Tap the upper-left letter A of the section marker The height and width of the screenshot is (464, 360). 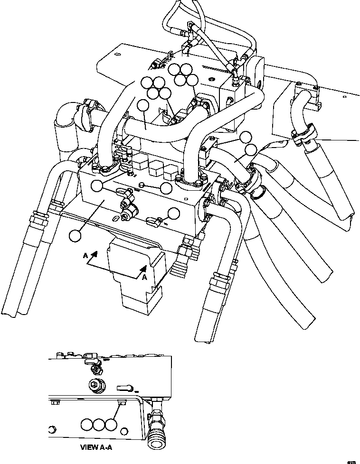click(x=85, y=255)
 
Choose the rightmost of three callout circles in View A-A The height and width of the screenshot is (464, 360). click(x=111, y=424)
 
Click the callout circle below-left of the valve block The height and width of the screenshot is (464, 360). click(x=75, y=235)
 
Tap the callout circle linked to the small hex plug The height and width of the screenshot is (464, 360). click(x=166, y=188)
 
